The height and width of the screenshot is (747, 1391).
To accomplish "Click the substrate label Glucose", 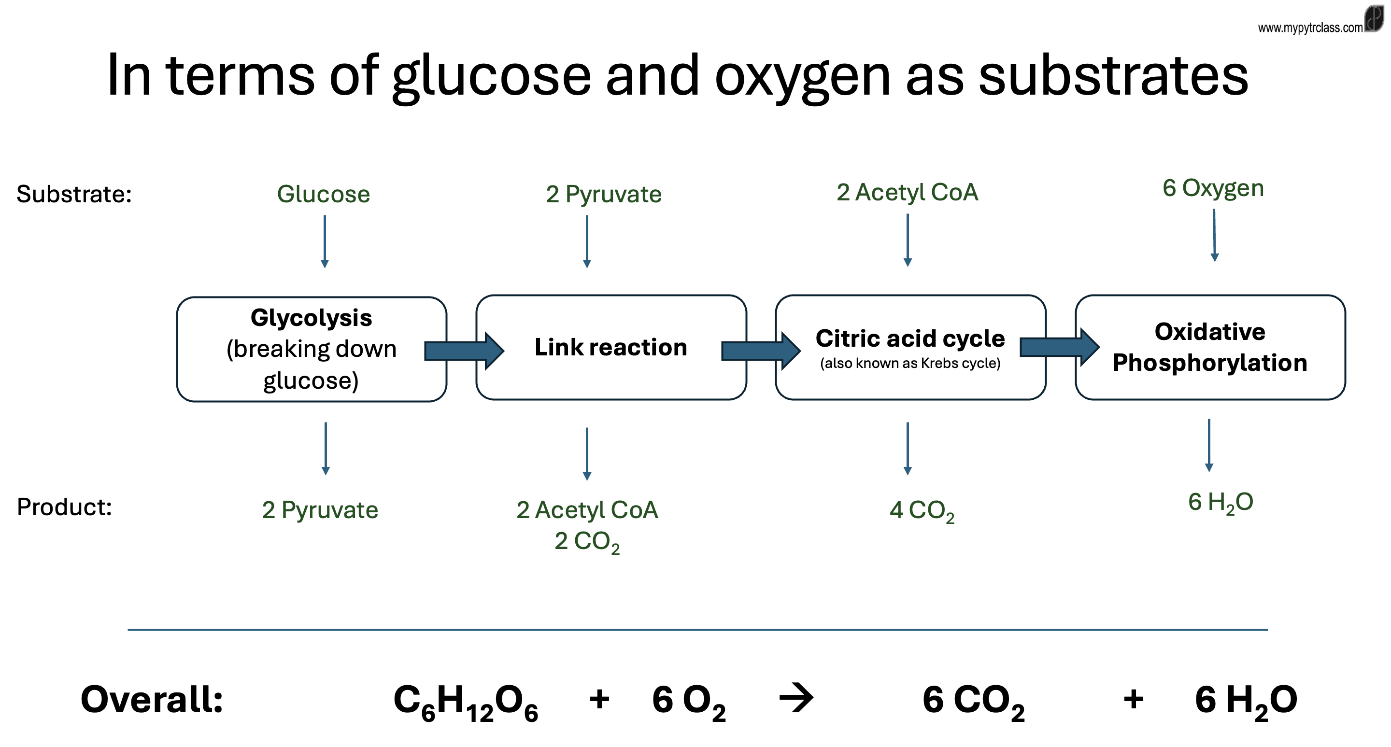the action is (x=324, y=194).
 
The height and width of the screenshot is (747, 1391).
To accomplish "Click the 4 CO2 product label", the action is (x=922, y=510).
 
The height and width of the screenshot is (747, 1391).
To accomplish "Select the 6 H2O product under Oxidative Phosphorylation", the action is (x=1221, y=503).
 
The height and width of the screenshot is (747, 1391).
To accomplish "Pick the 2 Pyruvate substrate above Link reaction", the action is (x=603, y=194).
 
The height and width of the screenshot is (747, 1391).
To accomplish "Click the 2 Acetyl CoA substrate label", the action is (x=907, y=192).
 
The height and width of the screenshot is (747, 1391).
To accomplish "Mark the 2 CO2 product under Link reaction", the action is (x=587, y=541).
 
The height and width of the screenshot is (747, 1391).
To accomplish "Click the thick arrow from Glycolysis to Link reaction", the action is (x=464, y=351).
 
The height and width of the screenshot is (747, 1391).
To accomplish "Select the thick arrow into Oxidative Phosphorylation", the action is (x=1060, y=347).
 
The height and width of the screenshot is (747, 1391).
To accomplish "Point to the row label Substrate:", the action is (x=74, y=194).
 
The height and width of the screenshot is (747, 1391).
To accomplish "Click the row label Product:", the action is (x=64, y=507).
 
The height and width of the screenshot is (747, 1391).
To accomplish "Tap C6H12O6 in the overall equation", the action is (x=466, y=702).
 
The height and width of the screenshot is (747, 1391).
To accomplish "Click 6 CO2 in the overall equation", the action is (x=973, y=702).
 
